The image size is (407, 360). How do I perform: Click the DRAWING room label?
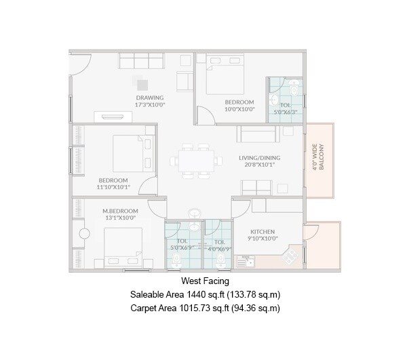click(x=149, y=98)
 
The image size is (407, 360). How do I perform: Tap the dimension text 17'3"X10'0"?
click(x=149, y=106)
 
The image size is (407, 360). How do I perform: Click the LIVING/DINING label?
click(x=259, y=158)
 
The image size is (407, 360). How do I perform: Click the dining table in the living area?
click(x=197, y=163)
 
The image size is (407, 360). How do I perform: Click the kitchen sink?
click(x=250, y=262)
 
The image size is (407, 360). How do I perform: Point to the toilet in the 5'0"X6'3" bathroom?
click(x=292, y=88)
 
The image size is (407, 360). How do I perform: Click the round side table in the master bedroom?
click(x=85, y=234)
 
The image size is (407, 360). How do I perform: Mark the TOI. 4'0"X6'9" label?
click(x=220, y=245)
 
